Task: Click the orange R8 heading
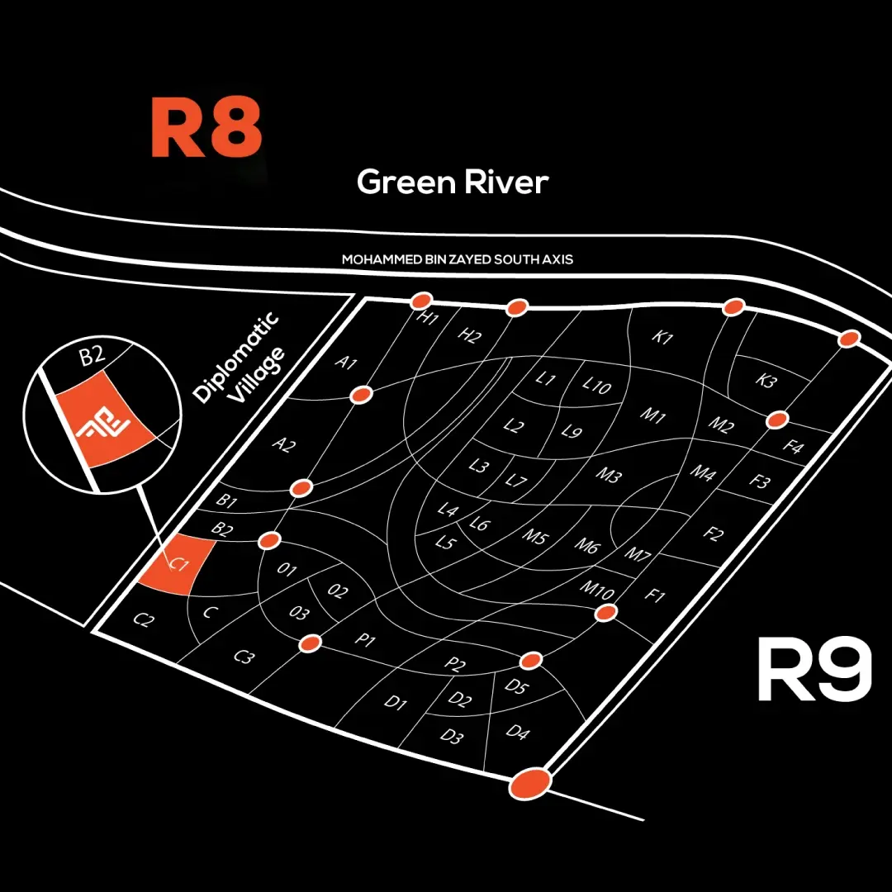pos(206,130)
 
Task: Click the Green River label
pos(453,183)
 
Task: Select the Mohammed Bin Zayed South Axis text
pos(458,259)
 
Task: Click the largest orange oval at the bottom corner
pos(529,782)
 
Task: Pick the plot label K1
pos(663,338)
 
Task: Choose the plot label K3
pos(766,382)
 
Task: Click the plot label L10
pos(596,385)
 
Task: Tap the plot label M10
pos(595,590)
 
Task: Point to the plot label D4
pos(517,733)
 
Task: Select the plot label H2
pos(469,335)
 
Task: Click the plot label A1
pos(345,362)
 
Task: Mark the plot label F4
pos(792,448)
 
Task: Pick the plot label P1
pos(365,641)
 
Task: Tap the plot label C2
pos(144,620)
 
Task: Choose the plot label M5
pos(535,536)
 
